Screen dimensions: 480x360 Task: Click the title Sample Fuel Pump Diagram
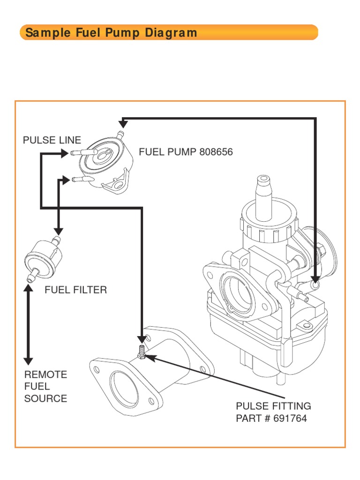[111, 33]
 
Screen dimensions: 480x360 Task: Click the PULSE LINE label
[52, 140]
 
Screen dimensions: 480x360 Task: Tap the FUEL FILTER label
[75, 290]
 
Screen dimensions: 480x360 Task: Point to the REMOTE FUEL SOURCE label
[45, 387]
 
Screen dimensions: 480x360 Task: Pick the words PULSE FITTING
[273, 406]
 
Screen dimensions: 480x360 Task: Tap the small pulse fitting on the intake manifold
[141, 351]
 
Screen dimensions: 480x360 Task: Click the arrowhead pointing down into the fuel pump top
[123, 124]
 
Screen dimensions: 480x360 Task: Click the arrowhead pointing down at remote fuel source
[28, 360]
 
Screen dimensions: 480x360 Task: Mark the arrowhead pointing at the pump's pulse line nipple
[65, 153]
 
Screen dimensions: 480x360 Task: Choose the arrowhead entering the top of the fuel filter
[58, 231]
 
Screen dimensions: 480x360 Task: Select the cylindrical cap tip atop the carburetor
[263, 180]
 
